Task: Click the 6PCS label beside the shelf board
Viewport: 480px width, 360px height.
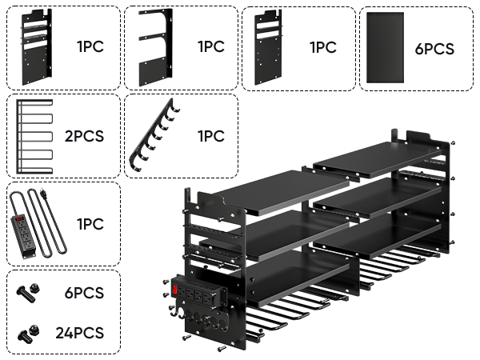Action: tap(434, 49)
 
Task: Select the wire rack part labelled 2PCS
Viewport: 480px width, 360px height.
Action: tap(34, 136)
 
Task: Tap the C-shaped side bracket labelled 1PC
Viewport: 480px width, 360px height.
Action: tap(154, 48)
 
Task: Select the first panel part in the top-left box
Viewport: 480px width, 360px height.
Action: tap(34, 48)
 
